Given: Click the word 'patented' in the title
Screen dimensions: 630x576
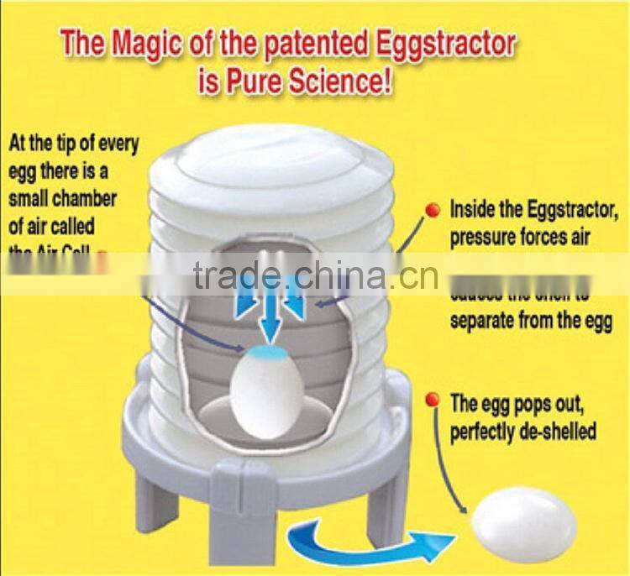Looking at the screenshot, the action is tap(306, 45).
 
